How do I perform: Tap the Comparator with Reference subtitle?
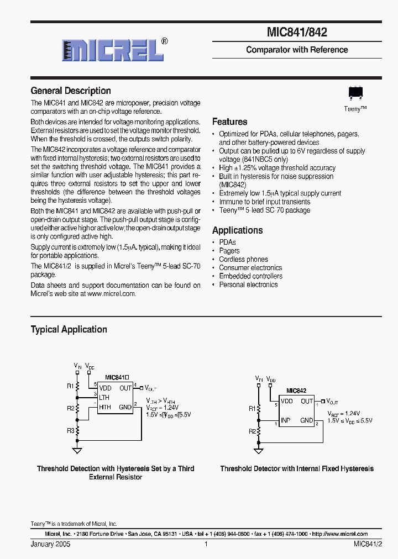click(297, 50)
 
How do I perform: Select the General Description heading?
click(71, 91)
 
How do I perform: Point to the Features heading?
click(230, 122)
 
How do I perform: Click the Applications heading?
click(238, 230)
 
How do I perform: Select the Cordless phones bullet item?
click(243, 259)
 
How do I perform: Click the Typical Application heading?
click(69, 329)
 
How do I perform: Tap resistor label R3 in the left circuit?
click(71, 430)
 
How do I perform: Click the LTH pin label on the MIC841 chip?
click(104, 398)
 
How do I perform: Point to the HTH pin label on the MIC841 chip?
click(105, 407)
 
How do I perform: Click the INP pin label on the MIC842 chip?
click(285, 420)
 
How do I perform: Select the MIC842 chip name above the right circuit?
click(296, 391)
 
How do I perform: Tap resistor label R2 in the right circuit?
click(252, 431)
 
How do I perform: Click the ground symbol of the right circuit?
click(259, 451)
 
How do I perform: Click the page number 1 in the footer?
click(206, 544)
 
